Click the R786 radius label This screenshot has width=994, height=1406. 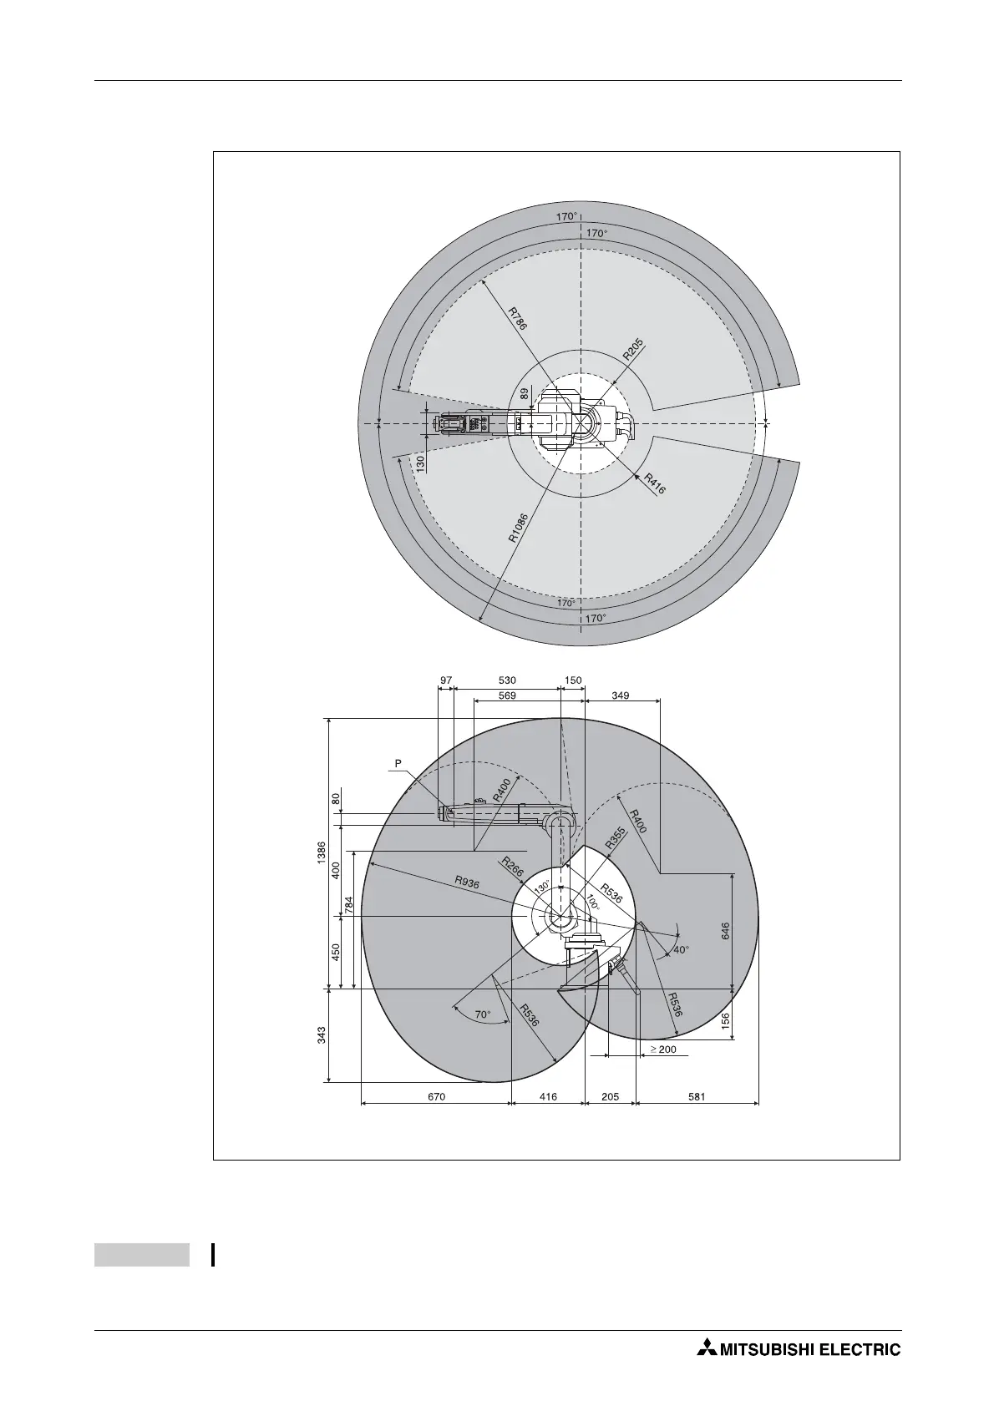click(517, 318)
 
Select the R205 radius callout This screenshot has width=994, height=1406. click(634, 349)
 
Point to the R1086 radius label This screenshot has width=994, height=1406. click(518, 528)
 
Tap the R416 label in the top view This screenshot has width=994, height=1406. click(654, 483)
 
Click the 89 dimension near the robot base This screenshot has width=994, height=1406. click(525, 393)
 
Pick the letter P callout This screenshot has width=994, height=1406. click(398, 763)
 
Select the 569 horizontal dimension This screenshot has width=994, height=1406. click(507, 695)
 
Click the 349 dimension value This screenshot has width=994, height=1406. click(621, 695)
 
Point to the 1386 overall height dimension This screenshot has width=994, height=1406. click(322, 853)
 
